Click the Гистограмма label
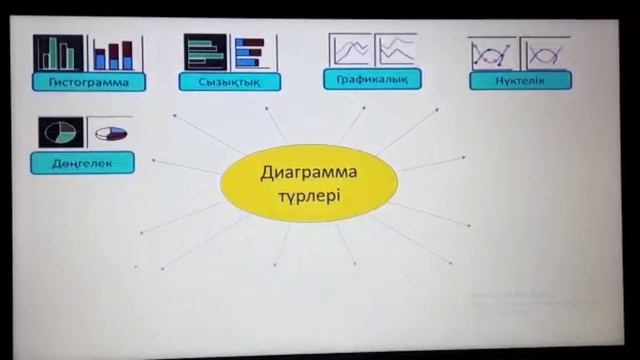[x=89, y=82]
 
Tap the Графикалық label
[x=372, y=78]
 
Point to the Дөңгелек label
[x=82, y=163]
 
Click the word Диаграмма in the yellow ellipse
[x=308, y=173]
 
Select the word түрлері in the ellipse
[x=308, y=196]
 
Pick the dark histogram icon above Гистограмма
[x=58, y=52]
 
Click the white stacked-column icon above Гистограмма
[x=115, y=52]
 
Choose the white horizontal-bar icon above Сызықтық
[x=253, y=51]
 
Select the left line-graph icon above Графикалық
[x=350, y=49]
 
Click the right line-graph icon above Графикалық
[x=396, y=49]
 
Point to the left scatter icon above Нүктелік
[x=493, y=53]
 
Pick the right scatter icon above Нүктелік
[x=544, y=53]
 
